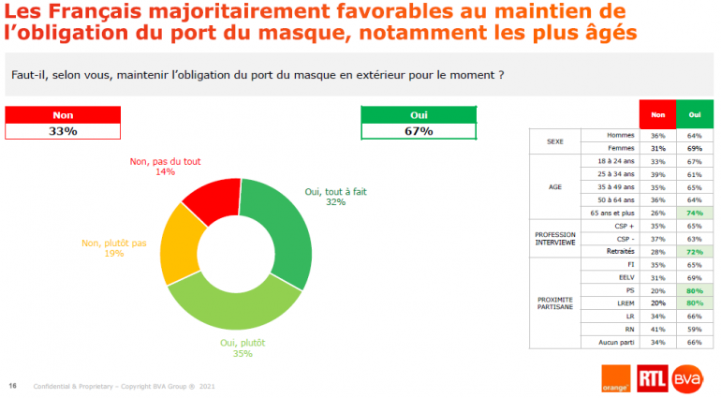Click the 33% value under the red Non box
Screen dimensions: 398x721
coord(63,131)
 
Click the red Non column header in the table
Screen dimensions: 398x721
coord(657,113)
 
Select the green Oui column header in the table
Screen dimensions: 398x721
coord(694,113)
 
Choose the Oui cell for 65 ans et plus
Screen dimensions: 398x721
coord(694,214)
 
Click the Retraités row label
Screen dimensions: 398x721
coord(616,253)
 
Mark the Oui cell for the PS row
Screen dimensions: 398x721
coord(694,291)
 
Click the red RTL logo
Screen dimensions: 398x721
coord(653,377)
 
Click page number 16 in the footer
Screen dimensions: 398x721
coord(13,386)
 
